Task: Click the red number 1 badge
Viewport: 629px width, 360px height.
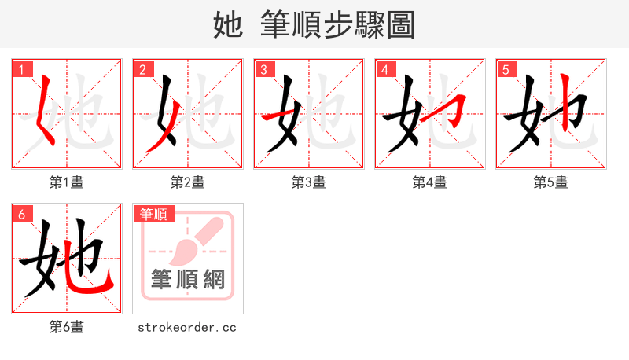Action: click(x=21, y=70)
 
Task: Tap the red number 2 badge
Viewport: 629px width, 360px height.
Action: click(x=142, y=70)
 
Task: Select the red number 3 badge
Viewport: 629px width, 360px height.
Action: click(x=263, y=70)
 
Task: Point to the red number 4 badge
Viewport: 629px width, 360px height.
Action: click(x=384, y=70)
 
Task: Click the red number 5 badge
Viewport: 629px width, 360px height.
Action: click(x=506, y=70)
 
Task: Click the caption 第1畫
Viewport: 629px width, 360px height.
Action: click(x=67, y=182)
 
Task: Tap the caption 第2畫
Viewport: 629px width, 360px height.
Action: click(x=188, y=182)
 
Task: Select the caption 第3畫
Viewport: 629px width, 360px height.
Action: click(x=309, y=182)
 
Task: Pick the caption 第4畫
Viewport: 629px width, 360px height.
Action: click(x=430, y=182)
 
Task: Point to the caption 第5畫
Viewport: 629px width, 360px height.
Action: click(x=551, y=182)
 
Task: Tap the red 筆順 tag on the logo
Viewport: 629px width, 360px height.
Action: click(x=154, y=214)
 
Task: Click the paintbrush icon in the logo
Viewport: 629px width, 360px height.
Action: click(x=188, y=241)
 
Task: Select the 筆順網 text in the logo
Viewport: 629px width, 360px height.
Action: click(x=188, y=280)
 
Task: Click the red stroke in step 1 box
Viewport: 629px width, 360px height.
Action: click(x=46, y=110)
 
